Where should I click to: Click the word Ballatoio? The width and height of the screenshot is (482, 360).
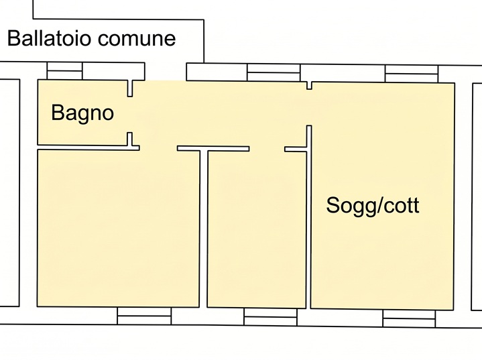tap(49, 38)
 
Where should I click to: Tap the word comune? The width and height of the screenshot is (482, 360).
tap(137, 39)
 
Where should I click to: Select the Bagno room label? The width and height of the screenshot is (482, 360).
tap(82, 113)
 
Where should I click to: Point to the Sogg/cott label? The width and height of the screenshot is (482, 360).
tap(373, 206)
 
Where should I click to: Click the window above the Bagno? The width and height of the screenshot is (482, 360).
tap(64, 71)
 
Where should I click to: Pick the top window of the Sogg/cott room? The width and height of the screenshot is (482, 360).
tap(412, 74)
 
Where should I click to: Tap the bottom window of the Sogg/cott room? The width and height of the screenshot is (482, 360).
tap(409, 318)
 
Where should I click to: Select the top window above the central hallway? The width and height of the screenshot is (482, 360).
tap(274, 72)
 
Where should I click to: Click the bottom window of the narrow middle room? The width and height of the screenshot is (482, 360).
tap(271, 316)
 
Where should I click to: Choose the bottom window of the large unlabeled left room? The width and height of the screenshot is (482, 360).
tap(144, 316)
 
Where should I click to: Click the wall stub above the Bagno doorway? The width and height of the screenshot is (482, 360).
tap(130, 88)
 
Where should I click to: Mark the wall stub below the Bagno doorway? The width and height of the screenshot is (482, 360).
tap(130, 139)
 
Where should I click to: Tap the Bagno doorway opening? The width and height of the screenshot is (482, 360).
tap(130, 115)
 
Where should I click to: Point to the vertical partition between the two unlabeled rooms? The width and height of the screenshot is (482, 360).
tap(204, 229)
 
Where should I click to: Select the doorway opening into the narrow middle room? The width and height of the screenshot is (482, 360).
tap(267, 149)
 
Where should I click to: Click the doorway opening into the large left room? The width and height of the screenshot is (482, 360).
tap(158, 148)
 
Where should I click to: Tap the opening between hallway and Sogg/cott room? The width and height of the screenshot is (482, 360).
tap(309, 108)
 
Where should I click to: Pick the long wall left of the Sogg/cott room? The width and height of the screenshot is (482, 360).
tap(308, 217)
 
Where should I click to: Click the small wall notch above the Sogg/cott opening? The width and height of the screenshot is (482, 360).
tap(309, 86)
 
